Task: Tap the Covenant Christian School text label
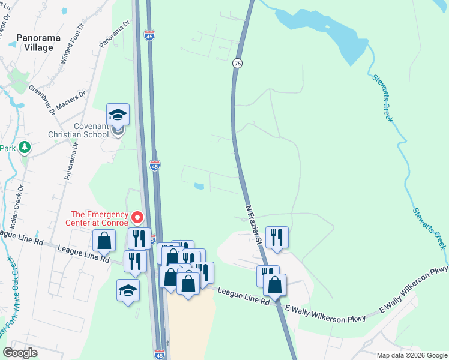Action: pos(91,130)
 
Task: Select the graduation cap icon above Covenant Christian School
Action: pos(118,115)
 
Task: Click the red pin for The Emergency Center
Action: pos(137,217)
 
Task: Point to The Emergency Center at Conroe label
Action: pos(99,219)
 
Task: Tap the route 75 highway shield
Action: pos(238,63)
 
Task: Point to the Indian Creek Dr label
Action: pos(17,206)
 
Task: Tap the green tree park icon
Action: pos(24,147)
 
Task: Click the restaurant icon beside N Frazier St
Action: pos(277,236)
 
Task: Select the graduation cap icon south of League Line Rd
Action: pos(128,291)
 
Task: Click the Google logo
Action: pos(20,353)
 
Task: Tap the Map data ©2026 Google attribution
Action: pos(411,355)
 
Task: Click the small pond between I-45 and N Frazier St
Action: pos(198,186)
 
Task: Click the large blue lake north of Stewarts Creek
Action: pos(324,30)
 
